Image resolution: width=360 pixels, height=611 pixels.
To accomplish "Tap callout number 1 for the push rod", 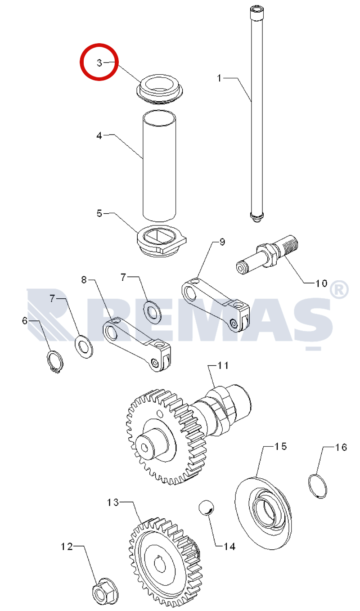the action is [x=219, y=78].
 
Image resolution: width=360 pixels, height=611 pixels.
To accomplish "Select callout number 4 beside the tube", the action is [x=99, y=135].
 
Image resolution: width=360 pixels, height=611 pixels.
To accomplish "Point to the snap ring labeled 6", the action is [x=55, y=362].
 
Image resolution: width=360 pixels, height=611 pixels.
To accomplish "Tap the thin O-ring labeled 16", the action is [x=317, y=486].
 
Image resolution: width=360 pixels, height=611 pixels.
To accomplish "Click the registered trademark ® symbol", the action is [x=339, y=289].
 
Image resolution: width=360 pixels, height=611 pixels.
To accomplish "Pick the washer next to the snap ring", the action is [x=84, y=346].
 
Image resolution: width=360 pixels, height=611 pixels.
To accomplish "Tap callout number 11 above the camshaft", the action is [x=223, y=365].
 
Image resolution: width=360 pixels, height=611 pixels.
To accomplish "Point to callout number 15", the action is [x=281, y=446].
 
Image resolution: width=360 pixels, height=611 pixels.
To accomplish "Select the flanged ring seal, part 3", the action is [x=159, y=89].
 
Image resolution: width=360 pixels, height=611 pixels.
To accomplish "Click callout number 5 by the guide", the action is [x=99, y=213].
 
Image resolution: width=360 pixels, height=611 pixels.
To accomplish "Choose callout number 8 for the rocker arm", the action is [x=84, y=279].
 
